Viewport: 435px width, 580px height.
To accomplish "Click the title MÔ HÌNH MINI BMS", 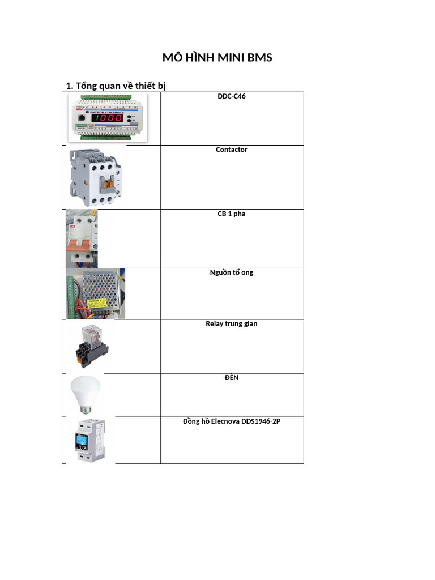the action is coord(217,57).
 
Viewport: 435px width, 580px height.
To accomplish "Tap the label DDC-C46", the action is coord(232,96).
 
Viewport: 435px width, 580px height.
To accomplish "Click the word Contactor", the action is coord(232,150).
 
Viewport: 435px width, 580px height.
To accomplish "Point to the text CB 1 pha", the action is coord(232,214).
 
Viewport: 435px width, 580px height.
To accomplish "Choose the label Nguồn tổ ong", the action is coord(232,272).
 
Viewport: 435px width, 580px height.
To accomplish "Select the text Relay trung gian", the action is coord(232,324).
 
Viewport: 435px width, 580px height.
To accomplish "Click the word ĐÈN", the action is coord(232,377).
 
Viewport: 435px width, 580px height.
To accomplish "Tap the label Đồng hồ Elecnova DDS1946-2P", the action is coord(232,421).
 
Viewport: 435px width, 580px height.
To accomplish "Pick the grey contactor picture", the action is coord(94,177).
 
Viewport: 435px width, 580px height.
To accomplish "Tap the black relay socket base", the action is coord(91,357).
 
